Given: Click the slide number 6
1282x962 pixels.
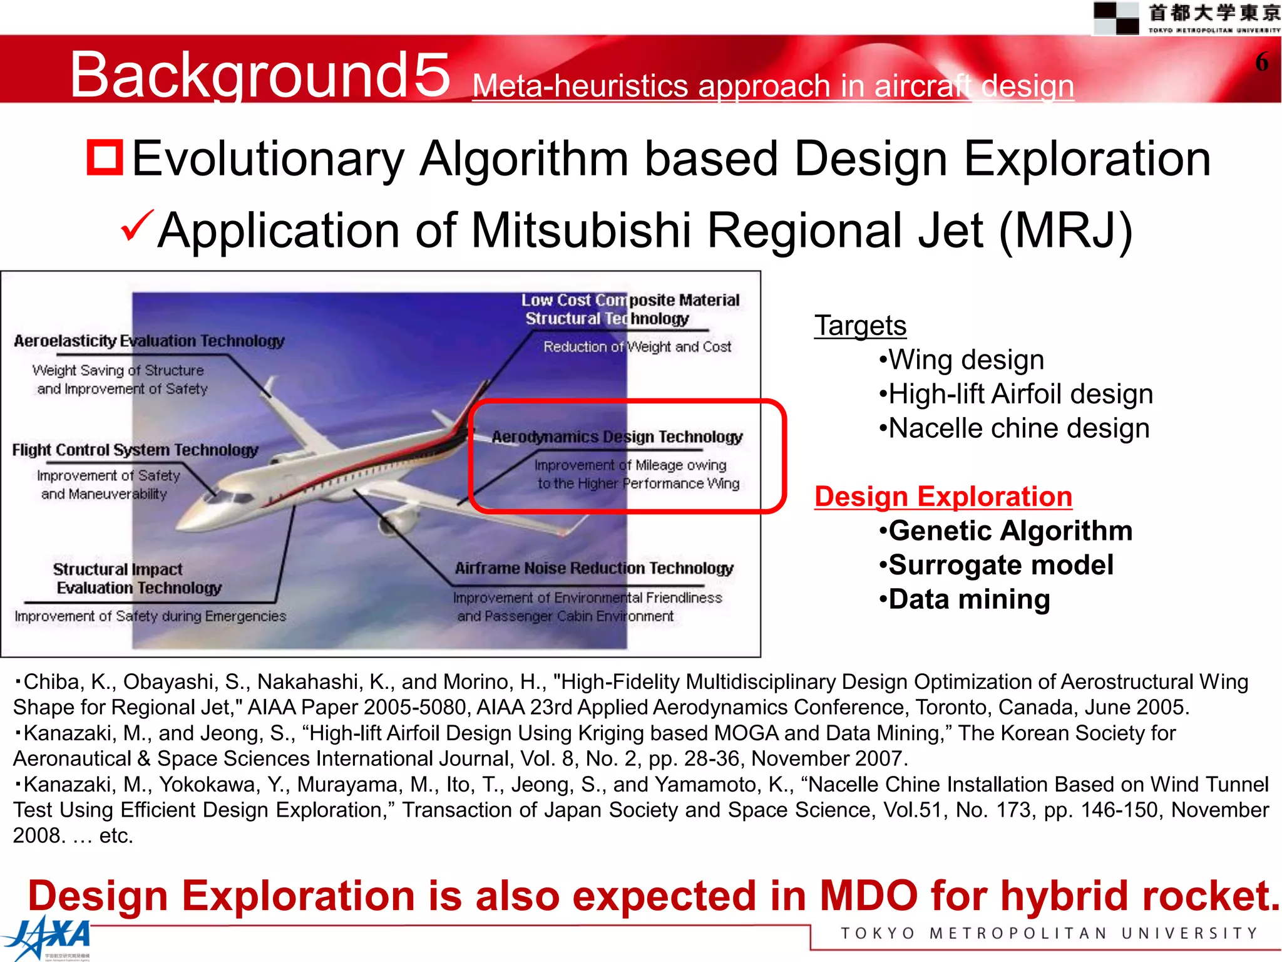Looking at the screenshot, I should coord(1261,62).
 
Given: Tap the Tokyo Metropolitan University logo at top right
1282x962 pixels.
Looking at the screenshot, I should coord(1186,18).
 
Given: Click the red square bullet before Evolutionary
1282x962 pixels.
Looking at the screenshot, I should coord(105,157).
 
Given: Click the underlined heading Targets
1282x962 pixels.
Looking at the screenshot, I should coord(860,326).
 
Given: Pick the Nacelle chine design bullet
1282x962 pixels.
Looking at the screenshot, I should coord(1014,429).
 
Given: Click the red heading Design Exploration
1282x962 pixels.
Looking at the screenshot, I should coord(943,497).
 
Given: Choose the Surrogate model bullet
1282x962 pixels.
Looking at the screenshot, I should coord(996,565).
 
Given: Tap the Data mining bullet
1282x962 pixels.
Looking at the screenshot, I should coord(965,599).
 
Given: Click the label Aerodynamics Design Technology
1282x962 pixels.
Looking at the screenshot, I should coord(617,437).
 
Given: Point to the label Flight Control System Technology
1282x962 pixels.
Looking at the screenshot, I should coord(135,450).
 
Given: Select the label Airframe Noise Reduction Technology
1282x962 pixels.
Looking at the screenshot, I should coord(593,568).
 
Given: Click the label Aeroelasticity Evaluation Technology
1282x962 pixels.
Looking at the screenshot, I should coord(149,341).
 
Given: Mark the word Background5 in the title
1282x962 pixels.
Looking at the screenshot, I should coord(259,75).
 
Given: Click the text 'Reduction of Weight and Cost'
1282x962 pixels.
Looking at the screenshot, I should coord(637,347).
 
